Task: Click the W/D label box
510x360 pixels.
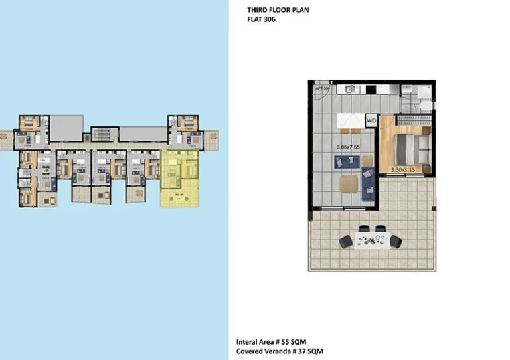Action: [x=372, y=121]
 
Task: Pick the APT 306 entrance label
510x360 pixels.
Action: [x=322, y=88]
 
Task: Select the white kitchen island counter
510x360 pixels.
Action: [x=352, y=120]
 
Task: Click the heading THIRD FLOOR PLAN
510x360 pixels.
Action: [x=278, y=11]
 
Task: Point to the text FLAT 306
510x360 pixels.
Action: [x=261, y=20]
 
